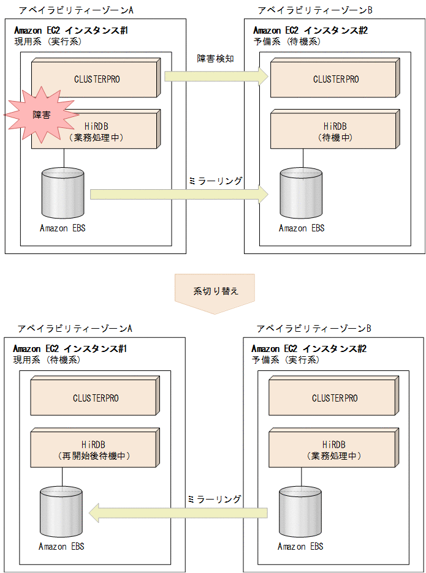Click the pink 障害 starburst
click(x=41, y=114)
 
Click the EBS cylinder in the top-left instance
click(x=63, y=192)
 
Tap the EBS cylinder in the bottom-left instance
click(x=61, y=511)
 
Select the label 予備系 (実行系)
click(x=286, y=360)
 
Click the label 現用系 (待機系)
click(x=47, y=360)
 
